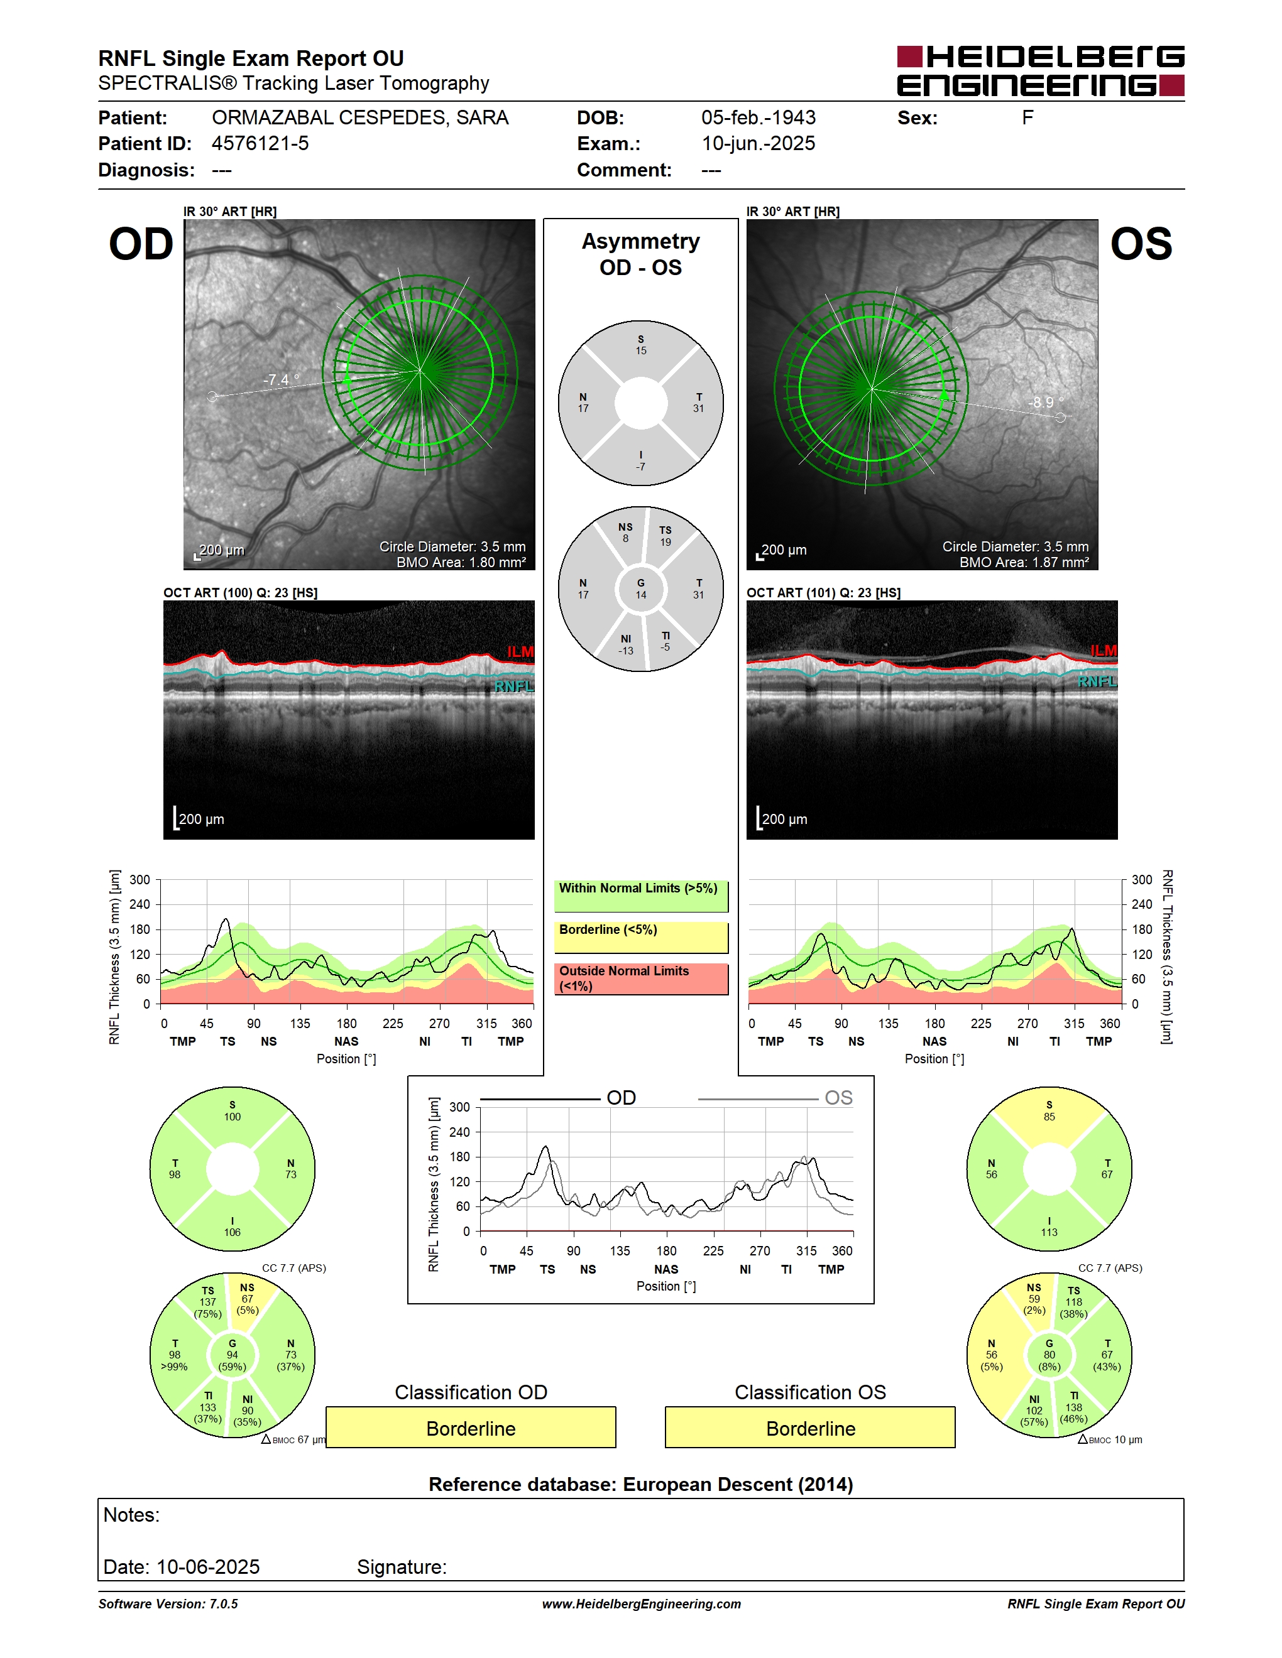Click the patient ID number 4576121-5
pos(260,143)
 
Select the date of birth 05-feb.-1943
pos(758,117)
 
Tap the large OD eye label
pos(141,244)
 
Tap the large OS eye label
pos(1141,244)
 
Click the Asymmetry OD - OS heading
pos(640,254)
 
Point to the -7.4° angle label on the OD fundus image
pos(281,379)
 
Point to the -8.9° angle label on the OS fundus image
pos(1046,403)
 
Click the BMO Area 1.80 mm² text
pos(461,563)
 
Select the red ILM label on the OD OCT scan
pos(520,652)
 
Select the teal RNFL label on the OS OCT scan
pos(1097,681)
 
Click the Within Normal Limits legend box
pos(641,896)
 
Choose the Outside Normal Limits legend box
pos(641,978)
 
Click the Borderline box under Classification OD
pos(471,1428)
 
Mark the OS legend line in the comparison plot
pos(757,1098)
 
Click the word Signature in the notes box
pos(401,1567)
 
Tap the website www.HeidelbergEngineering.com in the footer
pos(641,1604)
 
